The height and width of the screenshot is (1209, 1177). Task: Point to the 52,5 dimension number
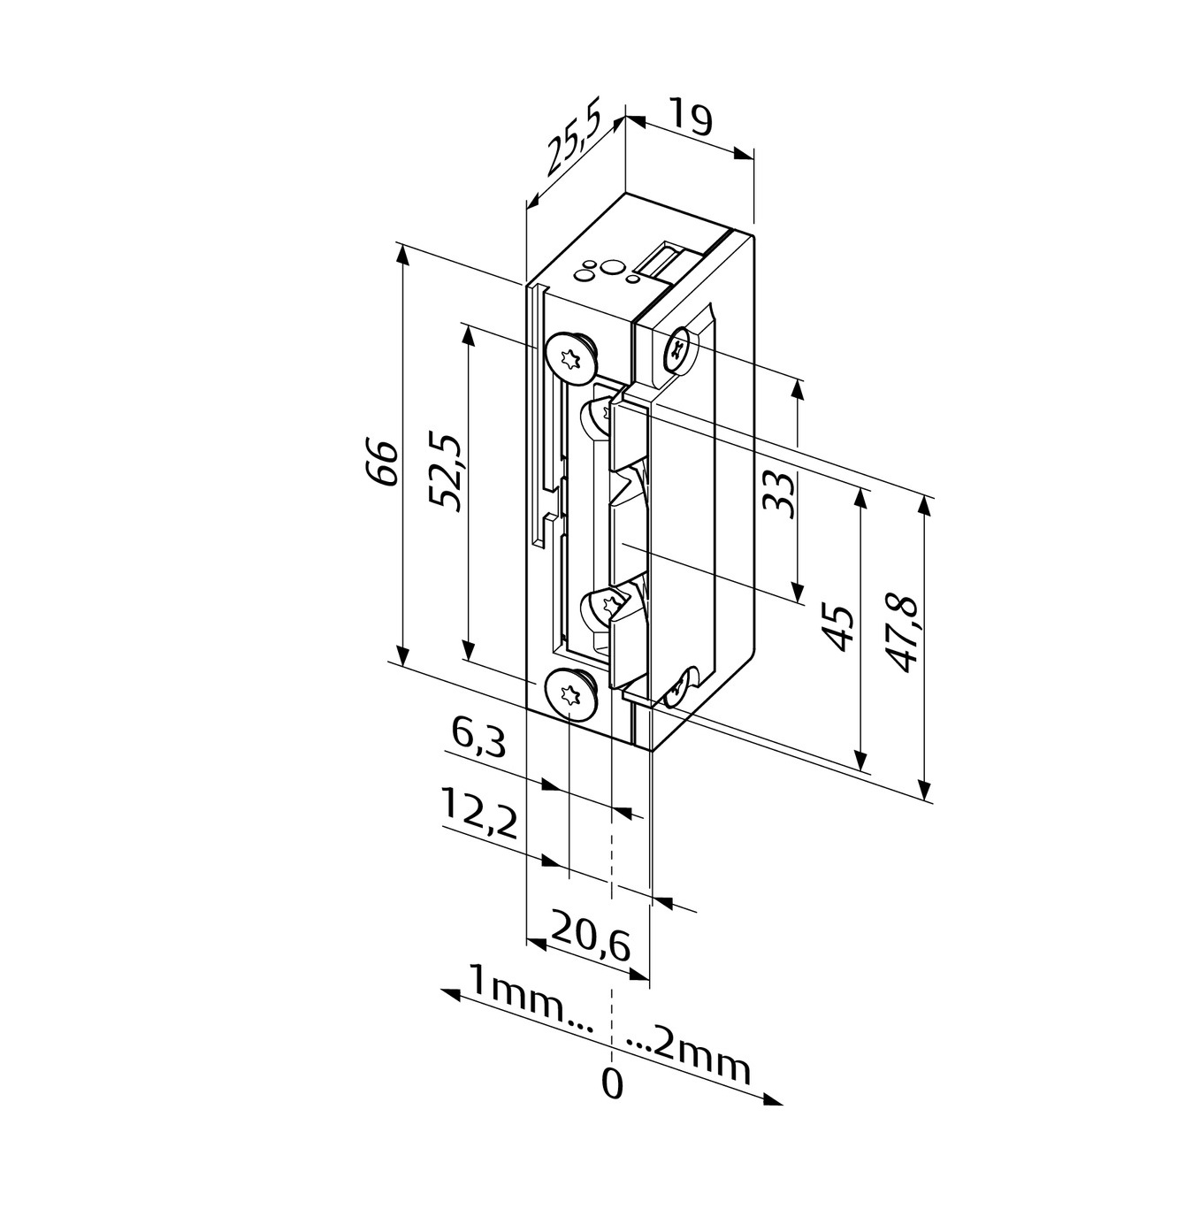(446, 471)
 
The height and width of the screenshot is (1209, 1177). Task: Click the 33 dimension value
(778, 495)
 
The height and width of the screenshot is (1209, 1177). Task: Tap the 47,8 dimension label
(901, 635)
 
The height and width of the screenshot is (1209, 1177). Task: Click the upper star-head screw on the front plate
(569, 356)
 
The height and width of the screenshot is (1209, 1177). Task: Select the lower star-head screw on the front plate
(569, 693)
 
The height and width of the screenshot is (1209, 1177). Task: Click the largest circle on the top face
(612, 268)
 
